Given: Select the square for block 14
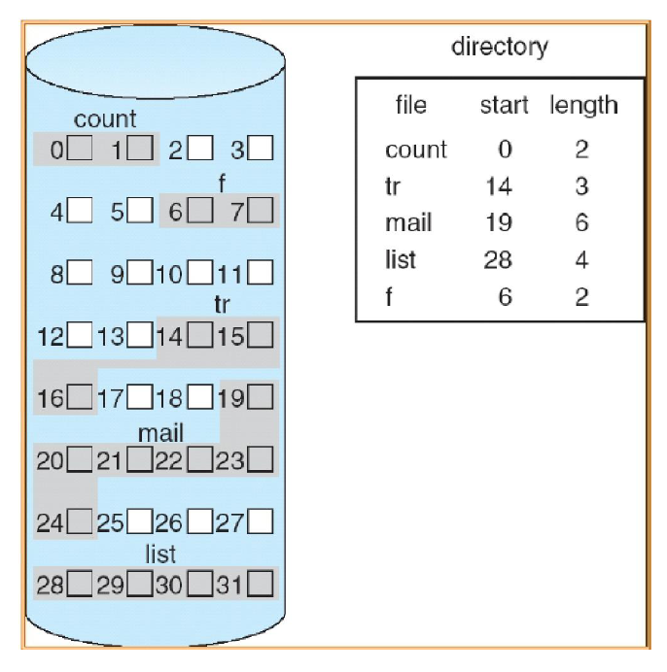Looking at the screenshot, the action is click(199, 337).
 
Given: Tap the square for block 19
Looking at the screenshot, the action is click(261, 397).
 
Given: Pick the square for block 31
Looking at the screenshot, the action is click(261, 585).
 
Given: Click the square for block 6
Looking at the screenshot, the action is click(199, 210).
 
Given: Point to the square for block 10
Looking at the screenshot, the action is click(199, 273).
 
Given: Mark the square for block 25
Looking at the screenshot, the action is click(139, 523).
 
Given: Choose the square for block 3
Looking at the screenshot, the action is click(261, 150).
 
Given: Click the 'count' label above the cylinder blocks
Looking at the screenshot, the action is click(105, 120).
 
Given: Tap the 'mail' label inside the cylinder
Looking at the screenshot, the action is click(160, 433).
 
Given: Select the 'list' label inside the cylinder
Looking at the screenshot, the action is click(160, 554).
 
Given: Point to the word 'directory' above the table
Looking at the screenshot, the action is click(499, 46).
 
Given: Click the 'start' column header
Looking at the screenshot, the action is click(505, 105).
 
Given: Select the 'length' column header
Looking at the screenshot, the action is click(583, 105).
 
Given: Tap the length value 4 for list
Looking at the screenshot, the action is click(581, 260).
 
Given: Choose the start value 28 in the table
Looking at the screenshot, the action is click(498, 260).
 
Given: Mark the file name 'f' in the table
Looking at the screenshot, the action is click(389, 297).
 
